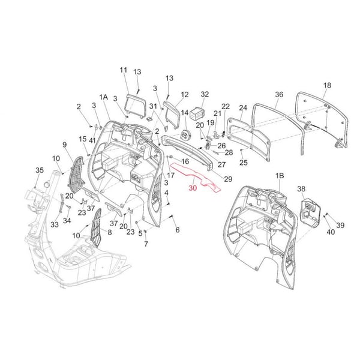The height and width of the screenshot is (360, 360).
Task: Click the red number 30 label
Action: tap(192, 188)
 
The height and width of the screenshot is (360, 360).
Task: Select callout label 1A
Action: tap(104, 97)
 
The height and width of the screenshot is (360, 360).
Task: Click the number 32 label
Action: tap(205, 94)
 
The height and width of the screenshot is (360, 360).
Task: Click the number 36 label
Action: tap(280, 94)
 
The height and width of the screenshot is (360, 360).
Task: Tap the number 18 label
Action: tap(327, 86)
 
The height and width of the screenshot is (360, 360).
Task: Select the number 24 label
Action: tap(243, 109)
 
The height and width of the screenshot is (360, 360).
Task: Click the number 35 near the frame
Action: tap(39, 170)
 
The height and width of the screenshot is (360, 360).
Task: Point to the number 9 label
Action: tap(65, 144)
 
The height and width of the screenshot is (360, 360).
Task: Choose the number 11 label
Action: tap(124, 70)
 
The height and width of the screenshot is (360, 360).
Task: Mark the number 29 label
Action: tap(211, 179)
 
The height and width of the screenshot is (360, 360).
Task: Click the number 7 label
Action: tap(146, 245)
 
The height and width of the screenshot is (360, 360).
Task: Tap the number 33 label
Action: tap(54, 225)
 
